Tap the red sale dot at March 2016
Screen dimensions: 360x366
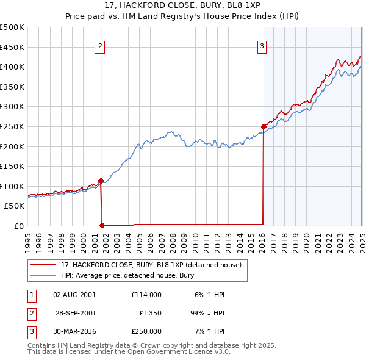pos(264,126)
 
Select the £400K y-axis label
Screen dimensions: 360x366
pos(12,67)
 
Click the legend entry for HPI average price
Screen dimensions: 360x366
pos(127,275)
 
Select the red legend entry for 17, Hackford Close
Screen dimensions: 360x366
pos(151,265)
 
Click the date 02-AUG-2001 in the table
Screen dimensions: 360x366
pos(74,294)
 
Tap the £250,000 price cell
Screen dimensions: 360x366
pos(146,332)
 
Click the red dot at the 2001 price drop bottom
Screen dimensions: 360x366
pos(102,224)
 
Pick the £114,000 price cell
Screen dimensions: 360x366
pos(146,294)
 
